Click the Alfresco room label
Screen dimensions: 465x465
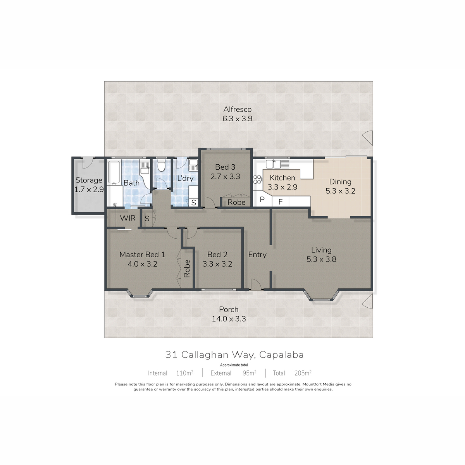[x=237, y=109]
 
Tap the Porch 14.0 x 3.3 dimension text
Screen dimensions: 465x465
[x=229, y=319]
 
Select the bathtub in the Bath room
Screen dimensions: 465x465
[x=114, y=172]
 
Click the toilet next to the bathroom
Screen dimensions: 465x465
[x=161, y=165]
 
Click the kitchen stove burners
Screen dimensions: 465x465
[x=257, y=179]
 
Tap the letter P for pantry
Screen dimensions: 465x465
[x=262, y=200]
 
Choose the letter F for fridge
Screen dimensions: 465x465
[x=281, y=202]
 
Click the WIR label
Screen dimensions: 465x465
[x=127, y=218]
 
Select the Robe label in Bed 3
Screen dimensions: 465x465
[x=236, y=202]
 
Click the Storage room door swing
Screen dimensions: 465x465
[x=88, y=163]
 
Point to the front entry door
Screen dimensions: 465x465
[x=256, y=284]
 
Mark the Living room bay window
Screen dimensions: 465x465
[x=321, y=296]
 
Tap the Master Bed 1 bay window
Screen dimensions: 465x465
[x=140, y=293]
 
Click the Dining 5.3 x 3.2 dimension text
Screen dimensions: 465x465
[x=340, y=191]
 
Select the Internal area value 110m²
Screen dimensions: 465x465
[x=184, y=373]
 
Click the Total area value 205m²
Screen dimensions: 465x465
[x=303, y=373]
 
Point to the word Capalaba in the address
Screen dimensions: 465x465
[x=281, y=355]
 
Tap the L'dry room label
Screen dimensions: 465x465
[x=185, y=178]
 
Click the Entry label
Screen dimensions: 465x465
[x=257, y=255]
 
